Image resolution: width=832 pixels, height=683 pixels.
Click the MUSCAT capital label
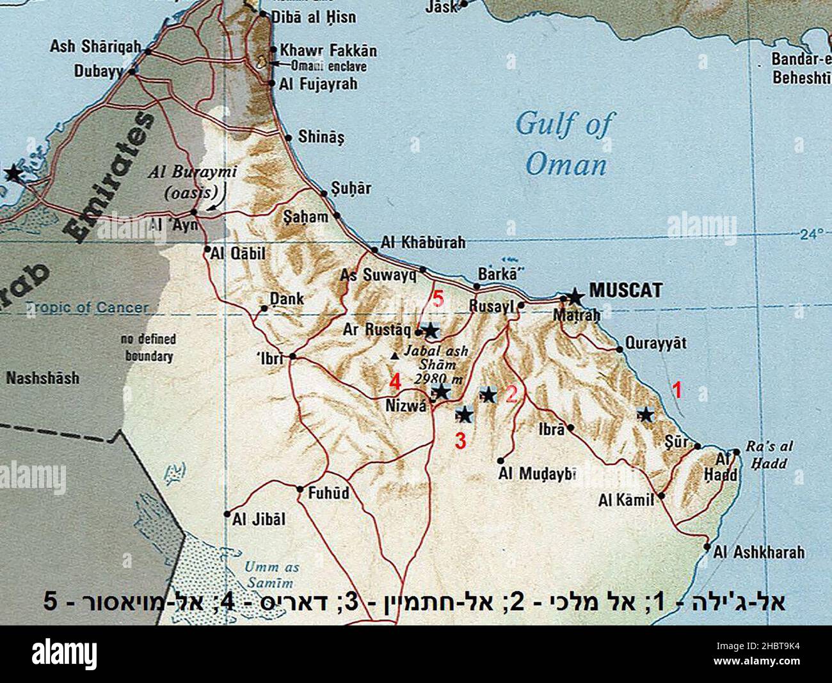(x=625, y=290)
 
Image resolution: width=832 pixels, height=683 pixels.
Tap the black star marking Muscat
(x=575, y=296)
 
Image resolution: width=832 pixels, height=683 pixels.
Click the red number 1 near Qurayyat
(x=676, y=389)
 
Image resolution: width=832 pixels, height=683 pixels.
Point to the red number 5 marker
(x=438, y=299)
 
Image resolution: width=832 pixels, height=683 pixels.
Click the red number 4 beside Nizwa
(x=396, y=382)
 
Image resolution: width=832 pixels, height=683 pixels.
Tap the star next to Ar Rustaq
(x=431, y=331)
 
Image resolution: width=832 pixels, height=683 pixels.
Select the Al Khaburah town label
(x=423, y=243)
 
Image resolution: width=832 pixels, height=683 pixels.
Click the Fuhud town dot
(x=300, y=490)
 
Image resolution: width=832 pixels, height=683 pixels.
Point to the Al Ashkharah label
(x=759, y=552)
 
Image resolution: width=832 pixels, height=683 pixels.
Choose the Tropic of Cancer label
(x=86, y=308)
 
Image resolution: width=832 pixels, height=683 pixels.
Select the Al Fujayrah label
(x=318, y=84)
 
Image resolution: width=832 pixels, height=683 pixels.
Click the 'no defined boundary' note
(x=148, y=347)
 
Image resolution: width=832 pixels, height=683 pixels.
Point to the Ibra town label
(x=554, y=429)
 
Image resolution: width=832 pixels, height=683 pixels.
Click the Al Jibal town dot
(x=227, y=514)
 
